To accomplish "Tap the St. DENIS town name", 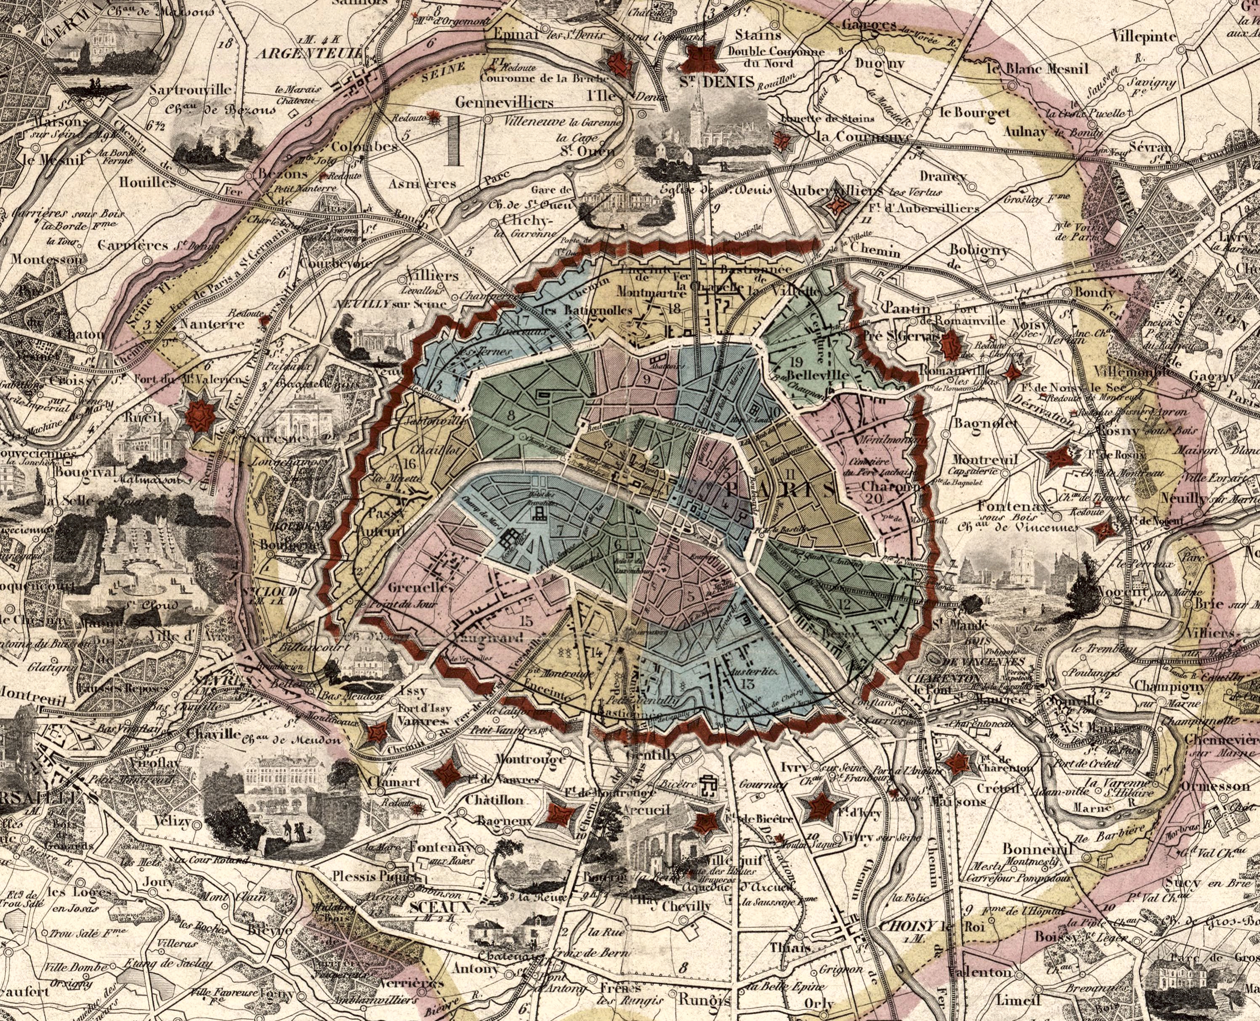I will coord(717,82).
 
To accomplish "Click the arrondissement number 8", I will coord(511,415).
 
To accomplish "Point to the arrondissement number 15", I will coord(526,620).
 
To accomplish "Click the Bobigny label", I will coord(979,250).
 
